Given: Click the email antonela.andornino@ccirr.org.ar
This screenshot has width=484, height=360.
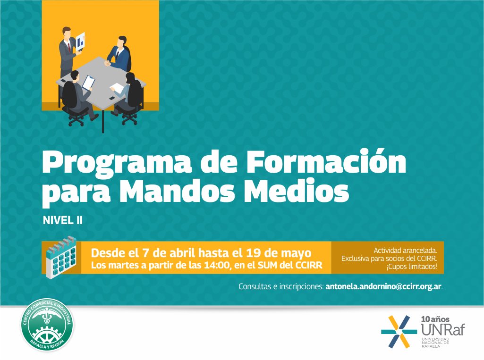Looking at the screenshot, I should coord(383,286).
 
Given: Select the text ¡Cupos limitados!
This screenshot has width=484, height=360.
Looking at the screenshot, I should coord(411,267).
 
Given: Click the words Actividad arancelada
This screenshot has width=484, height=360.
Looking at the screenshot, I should coord(408,250).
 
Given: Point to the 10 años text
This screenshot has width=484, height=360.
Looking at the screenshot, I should coord(434,319).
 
